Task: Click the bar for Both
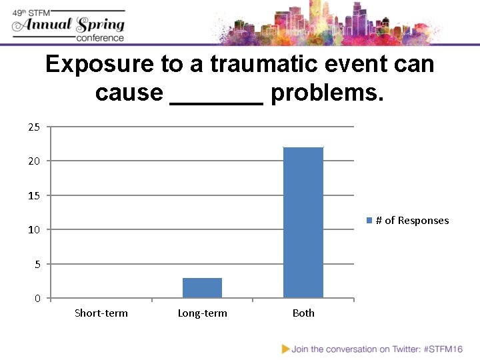pyautogui.click(x=303, y=223)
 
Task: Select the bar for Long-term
pyautogui.click(x=202, y=288)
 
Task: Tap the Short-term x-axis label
pyautogui.click(x=101, y=313)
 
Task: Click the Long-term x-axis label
pyautogui.click(x=202, y=313)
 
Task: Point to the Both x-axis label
pyautogui.click(x=303, y=313)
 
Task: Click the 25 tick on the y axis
pyautogui.click(x=34, y=127)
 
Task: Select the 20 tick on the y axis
pyautogui.click(x=34, y=161)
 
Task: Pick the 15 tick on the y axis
pyautogui.click(x=34, y=196)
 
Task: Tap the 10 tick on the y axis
pyautogui.click(x=34, y=230)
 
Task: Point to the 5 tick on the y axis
pyautogui.click(x=37, y=265)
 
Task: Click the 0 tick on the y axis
pyautogui.click(x=37, y=299)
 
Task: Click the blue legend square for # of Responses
pyautogui.click(x=369, y=221)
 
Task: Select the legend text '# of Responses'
pyautogui.click(x=412, y=221)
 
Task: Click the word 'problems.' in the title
pyautogui.click(x=327, y=93)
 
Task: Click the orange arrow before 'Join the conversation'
pyautogui.click(x=286, y=349)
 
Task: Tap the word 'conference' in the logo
pyautogui.click(x=100, y=38)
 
